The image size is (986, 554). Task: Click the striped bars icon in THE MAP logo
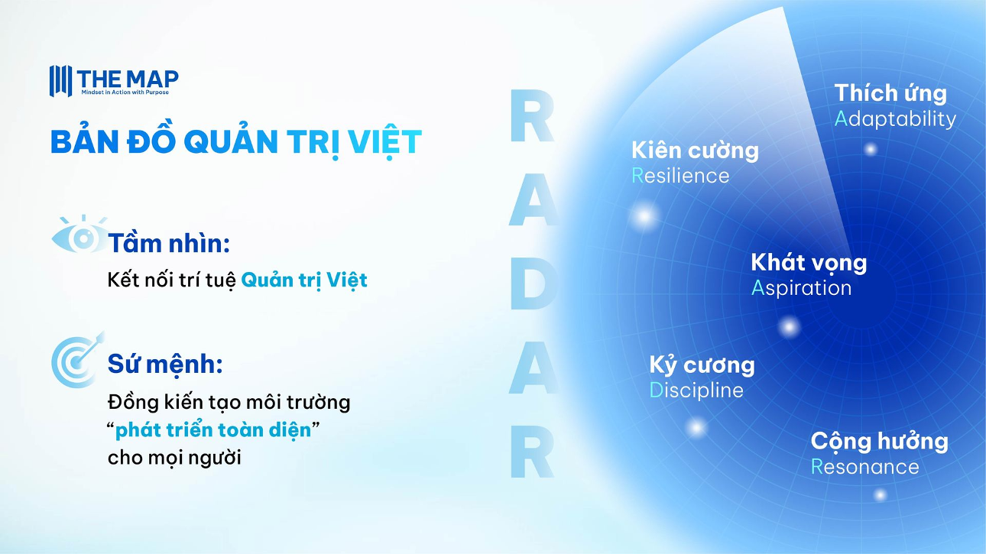point(60,81)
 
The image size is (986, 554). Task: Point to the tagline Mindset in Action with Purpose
point(125,92)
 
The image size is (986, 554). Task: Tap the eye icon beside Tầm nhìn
point(80,235)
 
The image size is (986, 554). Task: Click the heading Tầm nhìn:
point(169,243)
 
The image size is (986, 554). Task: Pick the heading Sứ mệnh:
point(165,364)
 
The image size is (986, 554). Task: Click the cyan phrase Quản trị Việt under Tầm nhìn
point(304,280)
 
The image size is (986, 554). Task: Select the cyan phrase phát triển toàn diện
point(213,430)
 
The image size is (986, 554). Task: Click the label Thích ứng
point(890,93)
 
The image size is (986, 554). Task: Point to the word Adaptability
point(895,119)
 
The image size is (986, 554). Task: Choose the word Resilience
point(680,176)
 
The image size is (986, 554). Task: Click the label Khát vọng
point(809,263)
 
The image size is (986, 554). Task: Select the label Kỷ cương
point(702,366)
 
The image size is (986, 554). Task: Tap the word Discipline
point(696,390)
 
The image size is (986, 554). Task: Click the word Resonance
point(865,467)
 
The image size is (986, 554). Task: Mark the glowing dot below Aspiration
point(789,327)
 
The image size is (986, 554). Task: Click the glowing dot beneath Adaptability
point(871,150)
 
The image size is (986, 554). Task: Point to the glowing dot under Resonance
point(880,495)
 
